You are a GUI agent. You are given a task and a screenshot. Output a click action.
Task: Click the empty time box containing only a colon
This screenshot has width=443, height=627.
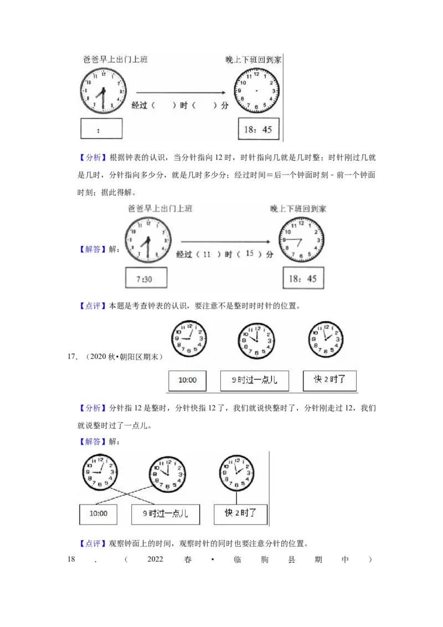pos(101,129)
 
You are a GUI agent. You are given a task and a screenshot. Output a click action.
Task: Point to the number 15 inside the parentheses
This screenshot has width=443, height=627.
pos(249,254)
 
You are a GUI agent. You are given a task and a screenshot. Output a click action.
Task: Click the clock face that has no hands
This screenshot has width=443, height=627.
pos(256,89)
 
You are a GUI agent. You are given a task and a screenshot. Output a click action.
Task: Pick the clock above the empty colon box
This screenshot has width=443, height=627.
pos(103,90)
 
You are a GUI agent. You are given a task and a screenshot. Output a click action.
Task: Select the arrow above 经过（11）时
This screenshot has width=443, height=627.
pos(226,241)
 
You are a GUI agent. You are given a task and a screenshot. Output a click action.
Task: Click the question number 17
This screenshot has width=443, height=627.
pos(71,356)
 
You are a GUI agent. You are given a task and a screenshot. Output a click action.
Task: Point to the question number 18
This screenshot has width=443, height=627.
pos(71,559)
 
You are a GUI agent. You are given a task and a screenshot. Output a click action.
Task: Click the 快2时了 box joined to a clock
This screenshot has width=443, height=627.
pos(240,513)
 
